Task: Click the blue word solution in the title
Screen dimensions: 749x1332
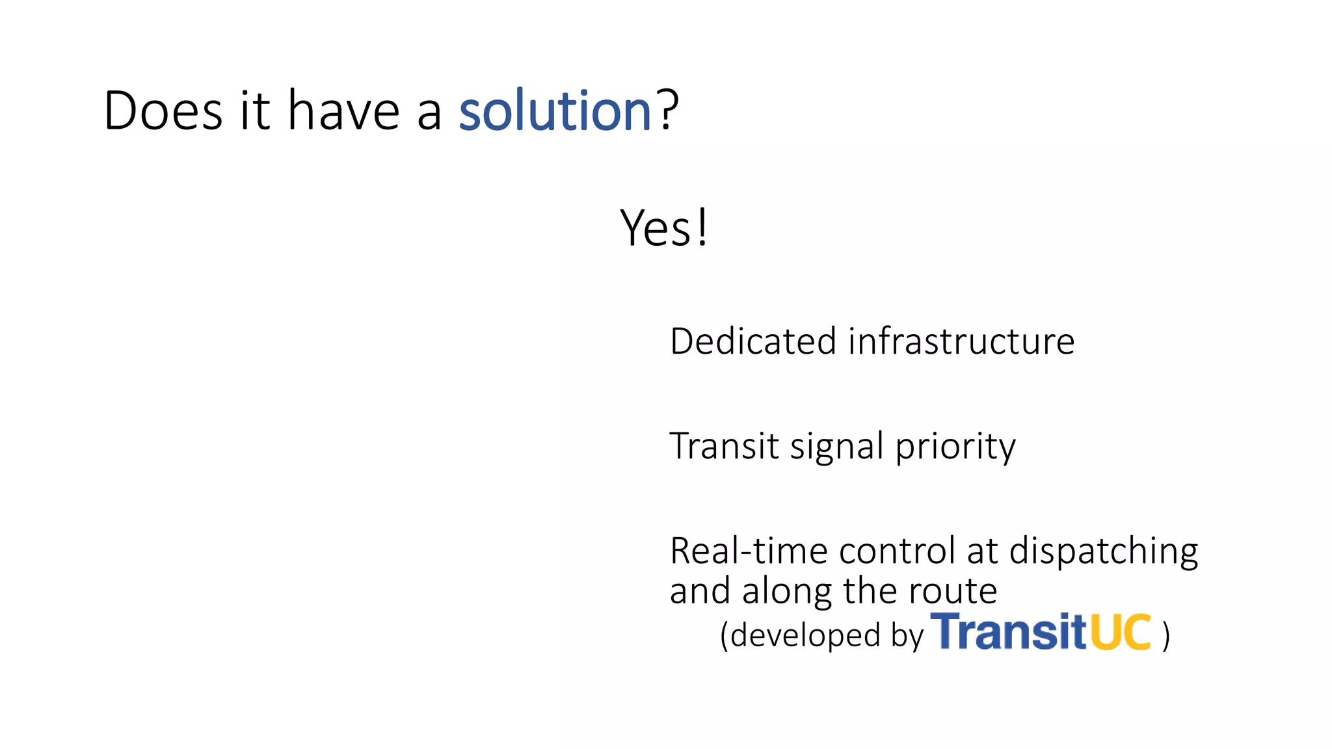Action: pos(555,111)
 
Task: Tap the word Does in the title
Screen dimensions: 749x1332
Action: pos(163,111)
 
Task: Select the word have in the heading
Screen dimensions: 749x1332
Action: pos(343,111)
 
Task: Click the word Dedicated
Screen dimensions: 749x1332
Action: pos(753,341)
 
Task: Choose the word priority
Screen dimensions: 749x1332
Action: pos(955,447)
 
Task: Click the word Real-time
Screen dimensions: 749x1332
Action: pos(749,551)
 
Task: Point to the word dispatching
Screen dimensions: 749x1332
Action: pos(1103,552)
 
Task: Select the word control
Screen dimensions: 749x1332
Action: pos(897,551)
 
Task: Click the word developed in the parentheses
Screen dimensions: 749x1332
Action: pos(805,635)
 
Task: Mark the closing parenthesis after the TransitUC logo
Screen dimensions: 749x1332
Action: pos(1166,635)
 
